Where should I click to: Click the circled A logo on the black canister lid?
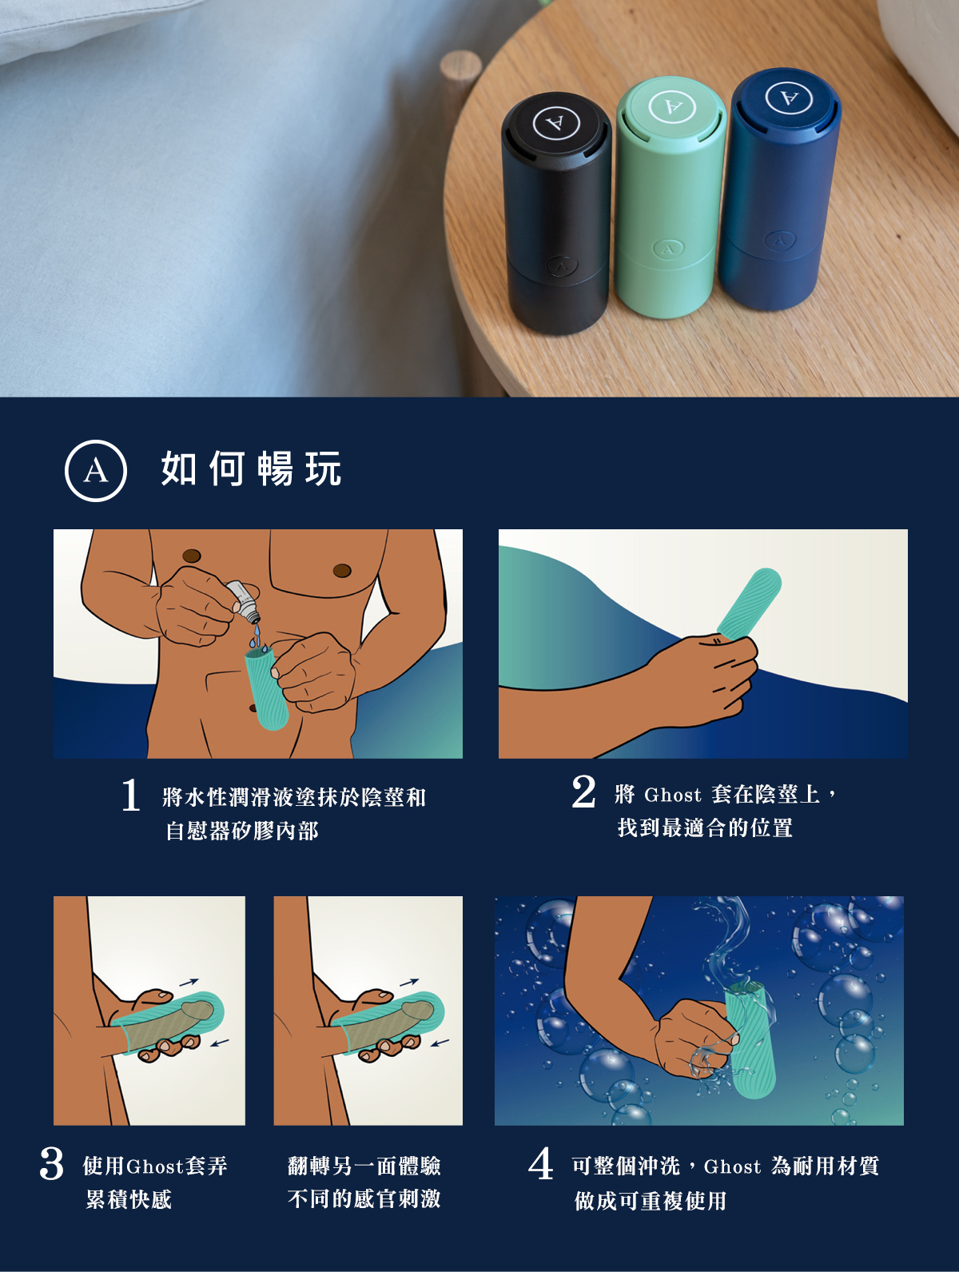(555, 123)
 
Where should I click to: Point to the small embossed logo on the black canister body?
(561, 266)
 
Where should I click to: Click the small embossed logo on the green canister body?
(668, 249)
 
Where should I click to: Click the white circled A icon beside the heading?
(96, 471)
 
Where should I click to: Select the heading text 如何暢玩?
(251, 469)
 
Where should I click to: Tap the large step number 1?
(131, 795)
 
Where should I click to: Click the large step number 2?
(583, 792)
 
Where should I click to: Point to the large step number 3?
(51, 1163)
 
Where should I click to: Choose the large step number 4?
(541, 1163)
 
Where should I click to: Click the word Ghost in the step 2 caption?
(672, 795)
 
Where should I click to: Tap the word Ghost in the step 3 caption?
(155, 1166)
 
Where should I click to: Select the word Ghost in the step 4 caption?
(732, 1166)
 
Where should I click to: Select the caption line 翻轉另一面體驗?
(364, 1166)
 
